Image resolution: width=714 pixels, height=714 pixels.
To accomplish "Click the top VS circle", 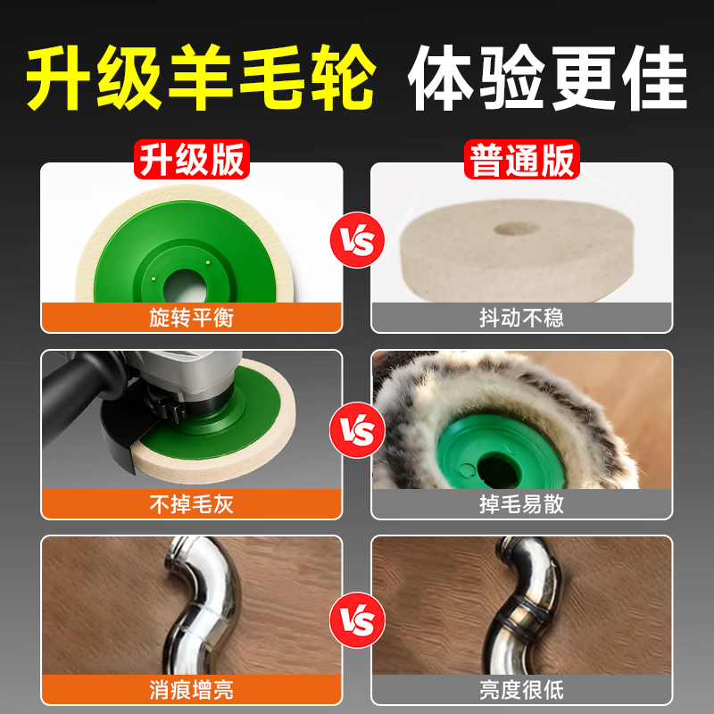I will click(356, 238).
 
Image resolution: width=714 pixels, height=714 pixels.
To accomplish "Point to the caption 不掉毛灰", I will click(191, 504).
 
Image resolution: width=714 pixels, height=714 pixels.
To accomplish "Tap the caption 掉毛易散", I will click(521, 504).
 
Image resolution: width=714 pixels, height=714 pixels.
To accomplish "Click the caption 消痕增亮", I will click(191, 690).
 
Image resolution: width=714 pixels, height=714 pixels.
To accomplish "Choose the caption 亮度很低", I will click(521, 690).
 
